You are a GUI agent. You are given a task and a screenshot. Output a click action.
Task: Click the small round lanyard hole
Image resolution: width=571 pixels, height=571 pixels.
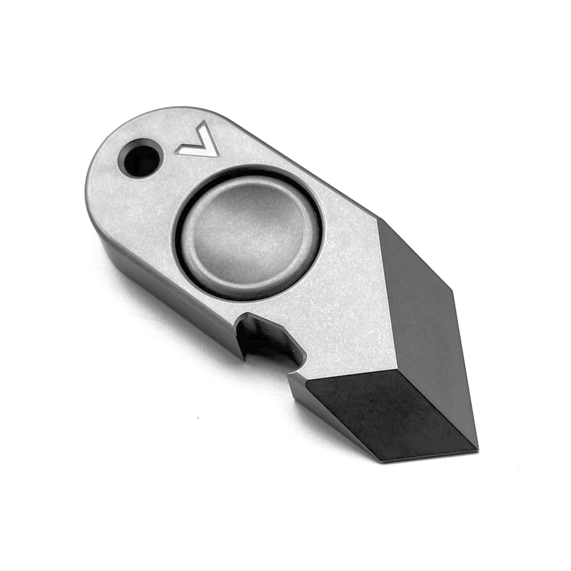(140, 158)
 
